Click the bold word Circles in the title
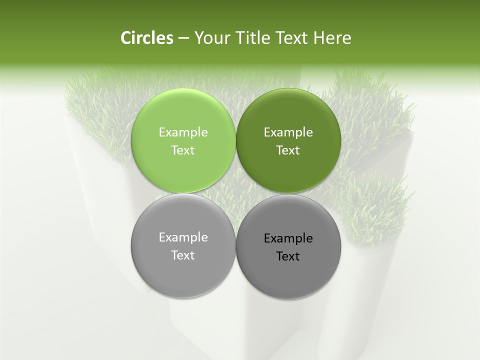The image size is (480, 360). [x=147, y=38]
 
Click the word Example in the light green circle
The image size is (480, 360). [x=183, y=132]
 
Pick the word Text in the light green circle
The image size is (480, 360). [x=183, y=150]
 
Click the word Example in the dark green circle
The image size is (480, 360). [x=288, y=132]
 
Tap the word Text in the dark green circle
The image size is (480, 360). [x=288, y=150]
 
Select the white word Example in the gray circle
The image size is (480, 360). [x=183, y=237]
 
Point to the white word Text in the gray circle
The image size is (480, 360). [x=183, y=255]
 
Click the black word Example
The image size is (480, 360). [x=288, y=238]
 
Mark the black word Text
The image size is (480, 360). [x=288, y=256]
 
